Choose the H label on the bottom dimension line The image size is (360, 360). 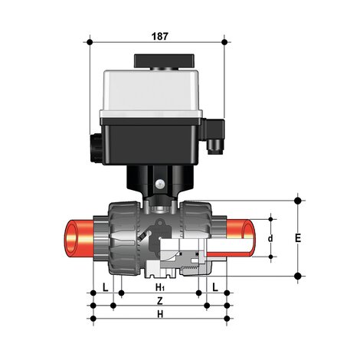[x=159, y=314]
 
